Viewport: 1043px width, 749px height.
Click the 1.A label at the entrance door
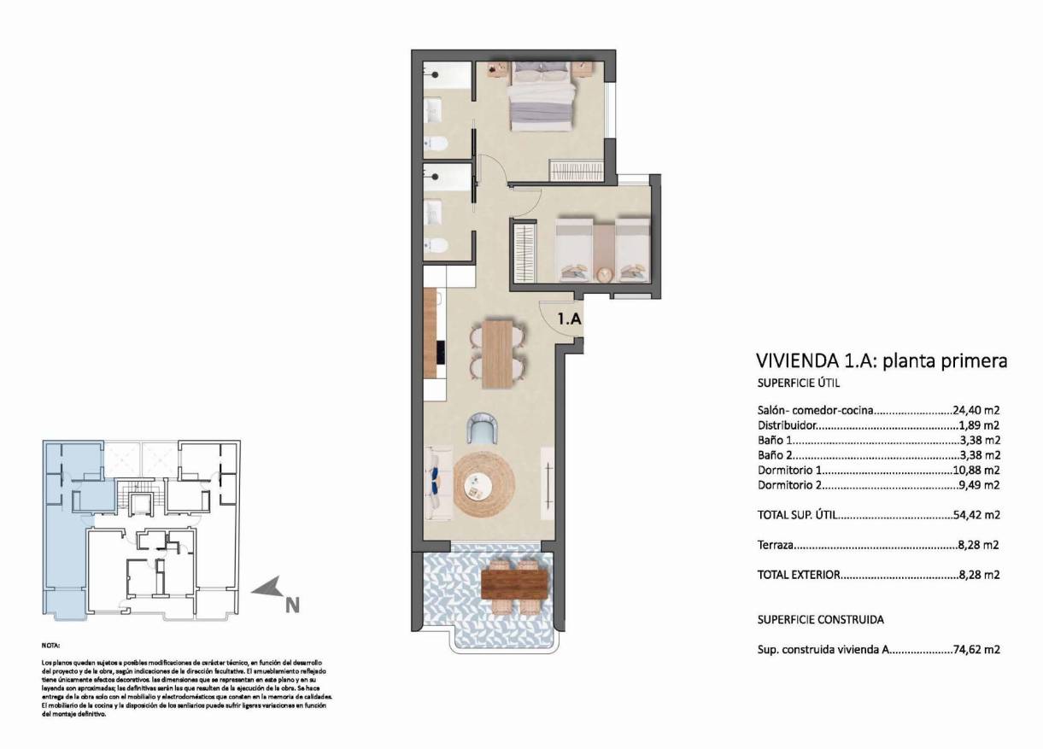(570, 319)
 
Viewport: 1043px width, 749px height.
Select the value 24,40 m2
(976, 410)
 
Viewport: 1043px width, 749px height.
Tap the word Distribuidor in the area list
(787, 425)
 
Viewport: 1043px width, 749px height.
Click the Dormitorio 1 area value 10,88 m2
(976, 471)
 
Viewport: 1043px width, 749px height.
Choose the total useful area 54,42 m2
(976, 515)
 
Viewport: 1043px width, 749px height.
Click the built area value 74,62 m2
(976, 649)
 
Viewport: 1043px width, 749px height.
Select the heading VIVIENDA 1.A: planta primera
(882, 360)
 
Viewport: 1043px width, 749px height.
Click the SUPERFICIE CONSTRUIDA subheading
(820, 619)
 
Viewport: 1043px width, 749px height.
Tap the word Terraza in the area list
(776, 544)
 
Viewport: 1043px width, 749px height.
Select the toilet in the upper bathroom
(434, 143)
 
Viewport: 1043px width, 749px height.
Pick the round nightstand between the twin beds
(604, 274)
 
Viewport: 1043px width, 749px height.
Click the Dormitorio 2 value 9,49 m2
(977, 485)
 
